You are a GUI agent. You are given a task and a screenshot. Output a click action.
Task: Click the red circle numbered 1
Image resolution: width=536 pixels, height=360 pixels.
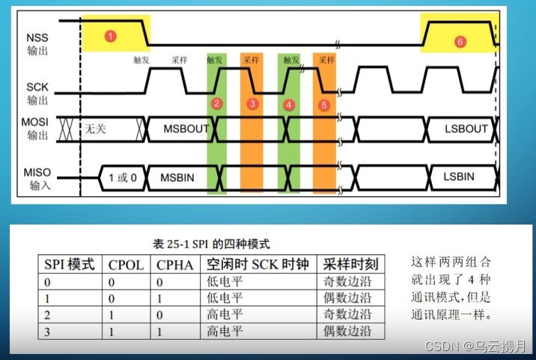tap(111, 35)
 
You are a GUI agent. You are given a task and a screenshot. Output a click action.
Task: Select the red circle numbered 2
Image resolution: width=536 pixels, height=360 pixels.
tap(216, 103)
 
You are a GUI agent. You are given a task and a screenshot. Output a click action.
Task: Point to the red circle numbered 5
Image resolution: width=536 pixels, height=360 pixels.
tap(324, 105)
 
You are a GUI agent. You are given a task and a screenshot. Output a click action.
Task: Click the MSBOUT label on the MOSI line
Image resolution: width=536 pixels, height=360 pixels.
tap(186, 129)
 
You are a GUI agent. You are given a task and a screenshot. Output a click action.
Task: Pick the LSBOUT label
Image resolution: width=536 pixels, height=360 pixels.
tap(465, 129)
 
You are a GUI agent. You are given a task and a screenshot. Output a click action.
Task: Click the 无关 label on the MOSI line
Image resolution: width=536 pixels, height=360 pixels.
tap(96, 129)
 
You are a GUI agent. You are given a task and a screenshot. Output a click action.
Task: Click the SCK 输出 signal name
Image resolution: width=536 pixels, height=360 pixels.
tap(38, 93)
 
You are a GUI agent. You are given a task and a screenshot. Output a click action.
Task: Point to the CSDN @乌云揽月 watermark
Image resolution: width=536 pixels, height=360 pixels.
tap(475, 346)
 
